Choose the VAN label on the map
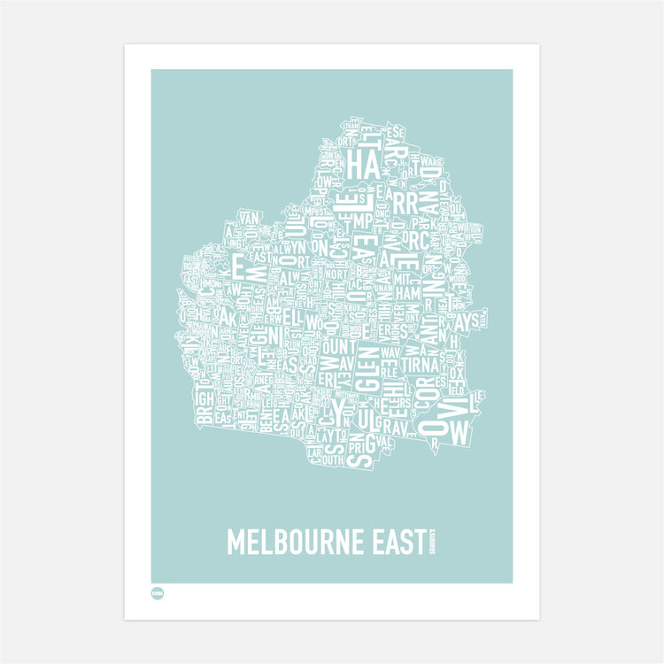[249, 219]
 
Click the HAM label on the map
[408, 291]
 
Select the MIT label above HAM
[408, 276]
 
